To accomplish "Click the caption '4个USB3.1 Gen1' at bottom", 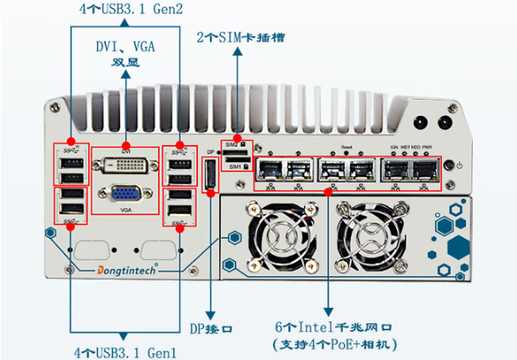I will [119, 351].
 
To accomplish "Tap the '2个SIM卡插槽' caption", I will [238, 38].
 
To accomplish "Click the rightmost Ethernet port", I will [424, 167].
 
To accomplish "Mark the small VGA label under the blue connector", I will [125, 209].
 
